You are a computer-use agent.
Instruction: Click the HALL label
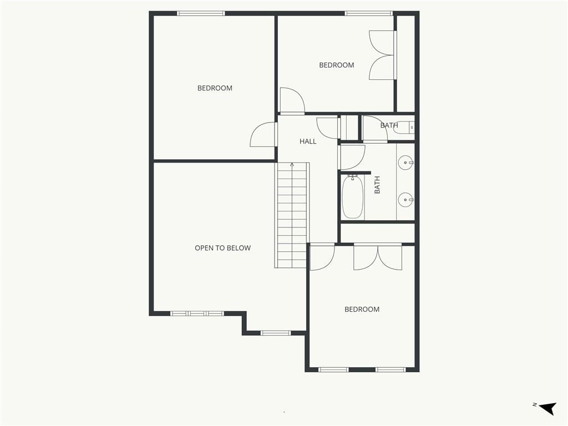tap(308, 141)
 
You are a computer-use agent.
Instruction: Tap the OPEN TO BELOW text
tap(223, 248)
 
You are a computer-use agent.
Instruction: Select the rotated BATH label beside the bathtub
tap(377, 185)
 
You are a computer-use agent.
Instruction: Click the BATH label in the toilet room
tap(389, 125)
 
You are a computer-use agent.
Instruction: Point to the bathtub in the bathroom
tap(353, 197)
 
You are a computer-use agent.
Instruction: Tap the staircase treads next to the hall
tap(292, 215)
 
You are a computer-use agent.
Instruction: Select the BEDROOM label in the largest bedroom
tap(215, 88)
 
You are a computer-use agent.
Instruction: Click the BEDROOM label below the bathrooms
tap(362, 310)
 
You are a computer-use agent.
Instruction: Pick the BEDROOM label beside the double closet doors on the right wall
tap(337, 65)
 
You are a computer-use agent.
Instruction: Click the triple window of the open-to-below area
tap(197, 314)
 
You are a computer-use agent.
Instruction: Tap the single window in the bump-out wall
tap(276, 333)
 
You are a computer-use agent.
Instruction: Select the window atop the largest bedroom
tap(201, 13)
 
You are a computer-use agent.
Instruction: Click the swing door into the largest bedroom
tap(263, 135)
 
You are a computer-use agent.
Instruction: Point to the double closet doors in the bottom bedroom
tap(378, 257)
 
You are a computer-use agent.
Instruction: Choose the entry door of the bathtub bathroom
tap(352, 157)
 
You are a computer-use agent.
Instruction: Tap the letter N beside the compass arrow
tap(534, 404)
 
